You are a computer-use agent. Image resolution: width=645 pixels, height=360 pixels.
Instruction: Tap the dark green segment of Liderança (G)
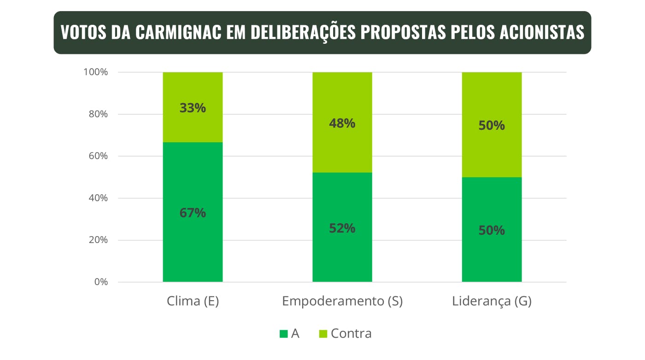(492, 258)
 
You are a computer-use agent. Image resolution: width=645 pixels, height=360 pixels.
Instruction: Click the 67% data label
(193, 213)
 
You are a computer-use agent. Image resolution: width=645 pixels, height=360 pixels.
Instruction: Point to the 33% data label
(193, 108)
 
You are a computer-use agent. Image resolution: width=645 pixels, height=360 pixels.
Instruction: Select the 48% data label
(342, 123)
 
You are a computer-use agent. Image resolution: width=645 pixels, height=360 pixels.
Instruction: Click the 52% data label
(342, 228)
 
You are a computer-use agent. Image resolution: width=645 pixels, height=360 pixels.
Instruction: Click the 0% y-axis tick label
(101, 282)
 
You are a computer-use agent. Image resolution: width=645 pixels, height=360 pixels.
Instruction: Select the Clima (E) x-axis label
(193, 302)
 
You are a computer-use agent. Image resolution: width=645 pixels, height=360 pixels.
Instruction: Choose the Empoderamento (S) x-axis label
(342, 302)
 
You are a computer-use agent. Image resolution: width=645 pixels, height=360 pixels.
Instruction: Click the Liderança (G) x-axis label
(492, 302)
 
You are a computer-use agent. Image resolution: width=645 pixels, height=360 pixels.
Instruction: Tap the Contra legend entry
(351, 334)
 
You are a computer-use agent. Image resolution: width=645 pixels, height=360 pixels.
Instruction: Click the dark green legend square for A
(283, 334)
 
